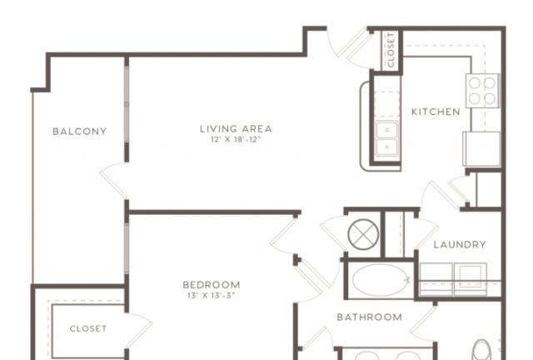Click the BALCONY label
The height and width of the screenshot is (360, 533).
coord(80,132)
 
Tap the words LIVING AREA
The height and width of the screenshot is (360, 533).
coord(236,129)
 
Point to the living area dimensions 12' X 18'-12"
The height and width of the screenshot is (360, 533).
coord(236,139)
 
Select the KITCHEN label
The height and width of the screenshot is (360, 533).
coord(436,112)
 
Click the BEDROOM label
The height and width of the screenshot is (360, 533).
coord(212,285)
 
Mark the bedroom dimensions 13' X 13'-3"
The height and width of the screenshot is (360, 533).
coord(212,295)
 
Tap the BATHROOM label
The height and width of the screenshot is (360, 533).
coord(370,317)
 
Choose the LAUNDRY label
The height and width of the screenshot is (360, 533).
coord(460,245)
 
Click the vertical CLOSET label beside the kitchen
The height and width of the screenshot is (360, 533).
coord(391,50)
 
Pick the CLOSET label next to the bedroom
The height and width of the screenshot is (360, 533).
coord(88,328)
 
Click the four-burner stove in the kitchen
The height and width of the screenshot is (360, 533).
coord(482,91)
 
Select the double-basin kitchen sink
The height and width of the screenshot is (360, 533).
coord(387,138)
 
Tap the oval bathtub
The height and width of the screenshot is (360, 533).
coord(381,280)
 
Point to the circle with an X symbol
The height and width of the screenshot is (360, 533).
coord(363,234)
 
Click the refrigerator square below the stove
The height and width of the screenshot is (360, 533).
coord(481,149)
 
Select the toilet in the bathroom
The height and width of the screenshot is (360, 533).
coord(482,350)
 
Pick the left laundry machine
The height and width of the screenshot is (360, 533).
coord(436,280)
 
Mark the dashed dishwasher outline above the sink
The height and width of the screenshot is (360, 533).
coord(386,105)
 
